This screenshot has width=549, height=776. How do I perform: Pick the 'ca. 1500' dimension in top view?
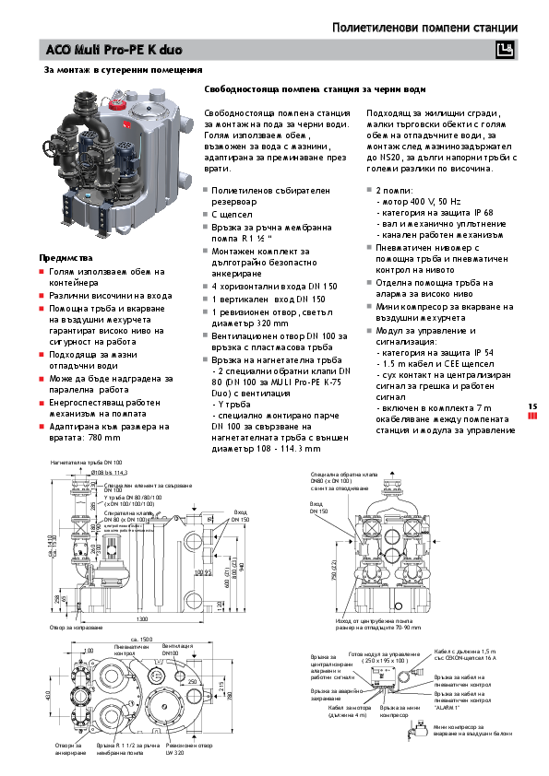pos(140,638)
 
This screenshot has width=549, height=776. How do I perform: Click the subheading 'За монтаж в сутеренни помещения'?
pos(123,70)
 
